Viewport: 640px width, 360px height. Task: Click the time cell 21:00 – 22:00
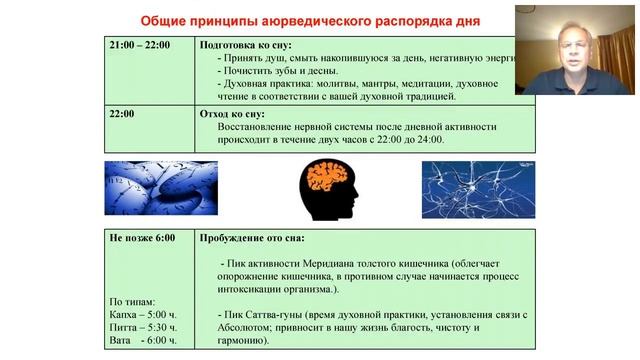(x=140, y=45)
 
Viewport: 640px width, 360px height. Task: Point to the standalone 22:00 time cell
(x=122, y=114)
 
